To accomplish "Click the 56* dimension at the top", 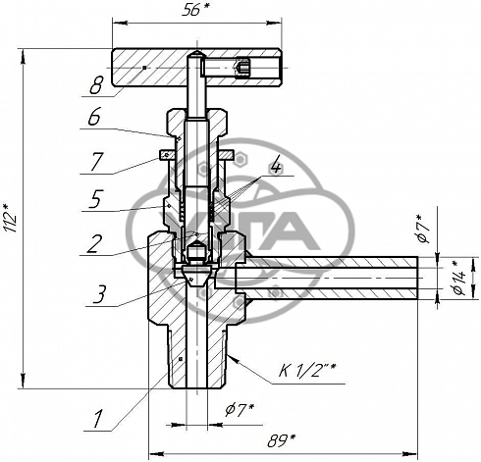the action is [x=194, y=11].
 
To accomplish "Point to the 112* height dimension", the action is [x=10, y=218].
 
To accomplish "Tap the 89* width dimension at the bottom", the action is [x=282, y=440].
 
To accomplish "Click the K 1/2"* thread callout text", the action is [x=307, y=370].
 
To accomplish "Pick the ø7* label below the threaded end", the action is [x=240, y=410].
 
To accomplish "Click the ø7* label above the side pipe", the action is [x=423, y=229].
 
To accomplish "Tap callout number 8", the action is [x=96, y=85].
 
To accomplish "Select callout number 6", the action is [x=94, y=117].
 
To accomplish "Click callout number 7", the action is [x=97, y=162].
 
